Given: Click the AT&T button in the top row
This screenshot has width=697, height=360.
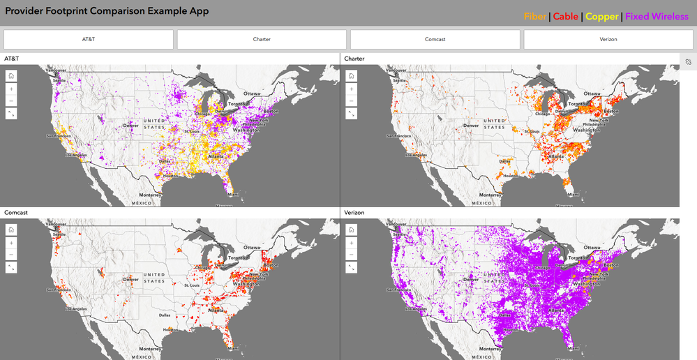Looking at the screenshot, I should point(88,39).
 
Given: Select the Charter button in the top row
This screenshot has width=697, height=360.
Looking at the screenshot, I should point(262,39).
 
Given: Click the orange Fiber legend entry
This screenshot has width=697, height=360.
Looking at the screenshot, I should point(535,16).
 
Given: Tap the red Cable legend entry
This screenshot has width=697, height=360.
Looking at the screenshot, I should point(566,16).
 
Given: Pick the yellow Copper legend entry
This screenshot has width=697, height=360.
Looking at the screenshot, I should point(602,16).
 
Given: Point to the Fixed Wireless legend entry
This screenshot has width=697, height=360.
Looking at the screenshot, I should point(657,16).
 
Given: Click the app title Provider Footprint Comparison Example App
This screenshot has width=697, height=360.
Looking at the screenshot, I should point(107,11).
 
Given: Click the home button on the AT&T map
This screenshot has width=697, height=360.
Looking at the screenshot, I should point(11,77).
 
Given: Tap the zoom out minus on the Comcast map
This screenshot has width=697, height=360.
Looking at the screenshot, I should point(11,255).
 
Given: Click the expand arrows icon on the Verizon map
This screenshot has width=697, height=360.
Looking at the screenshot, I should point(351,267).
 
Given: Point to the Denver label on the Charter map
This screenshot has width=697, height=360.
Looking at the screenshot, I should point(470,126).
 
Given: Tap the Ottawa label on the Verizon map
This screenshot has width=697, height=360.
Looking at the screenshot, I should point(592,247).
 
